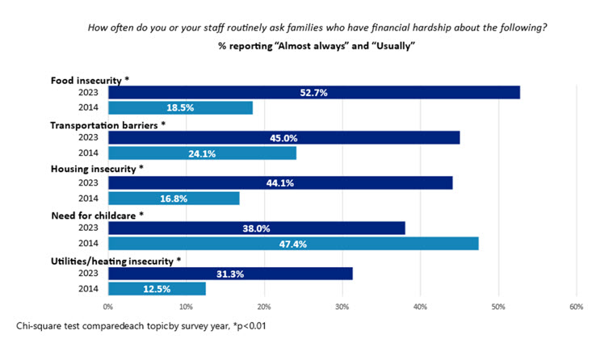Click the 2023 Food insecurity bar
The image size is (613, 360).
pyautogui.click(x=313, y=92)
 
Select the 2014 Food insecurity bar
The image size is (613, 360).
pyautogui.click(x=180, y=107)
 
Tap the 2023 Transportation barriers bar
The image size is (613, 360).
pyautogui.click(x=283, y=137)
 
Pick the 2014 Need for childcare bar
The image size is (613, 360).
pyautogui.click(x=292, y=243)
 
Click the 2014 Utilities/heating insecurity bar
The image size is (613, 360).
pyautogui.click(x=157, y=288)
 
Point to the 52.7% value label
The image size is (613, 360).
pyautogui.click(x=313, y=92)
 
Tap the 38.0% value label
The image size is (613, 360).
pyautogui.click(x=256, y=228)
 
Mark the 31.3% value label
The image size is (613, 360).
pyautogui.click(x=230, y=274)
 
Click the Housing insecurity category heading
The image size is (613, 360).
pyautogui.click(x=96, y=170)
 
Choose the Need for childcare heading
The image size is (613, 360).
pyautogui.click(x=95, y=215)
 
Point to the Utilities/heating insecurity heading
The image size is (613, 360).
pyautogui.click(x=116, y=260)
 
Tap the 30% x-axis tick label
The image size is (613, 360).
pyautogui.click(x=342, y=307)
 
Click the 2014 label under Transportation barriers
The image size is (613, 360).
pyautogui.click(x=89, y=153)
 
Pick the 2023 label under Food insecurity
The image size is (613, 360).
pyautogui.click(x=89, y=92)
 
